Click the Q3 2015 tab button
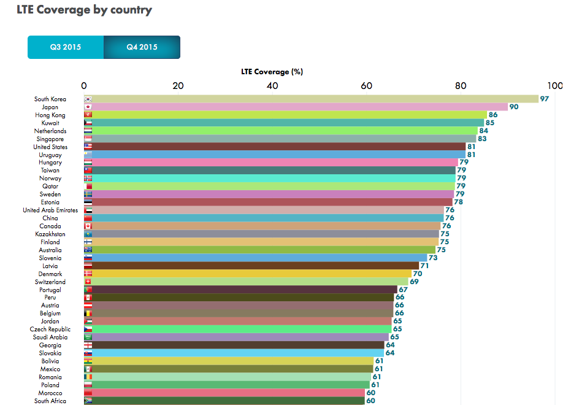pyautogui.click(x=66, y=47)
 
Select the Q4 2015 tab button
pyautogui.click(x=142, y=47)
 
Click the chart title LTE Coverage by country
pyautogui.click(x=84, y=10)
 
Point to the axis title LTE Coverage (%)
pyautogui.click(x=272, y=72)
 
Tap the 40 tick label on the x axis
pyautogui.click(x=272, y=85)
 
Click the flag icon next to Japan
pyautogui.click(x=88, y=107)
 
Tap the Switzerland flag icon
pyautogui.click(x=88, y=282)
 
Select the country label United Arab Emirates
pyautogui.click(x=50, y=210)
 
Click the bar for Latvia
pyautogui.click(x=251, y=266)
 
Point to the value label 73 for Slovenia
pyautogui.click(x=433, y=258)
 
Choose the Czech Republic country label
pyautogui.click(x=50, y=330)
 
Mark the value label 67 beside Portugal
pyautogui.click(x=403, y=290)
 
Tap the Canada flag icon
pyautogui.click(x=88, y=226)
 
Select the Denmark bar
pyautogui.click(x=248, y=274)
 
